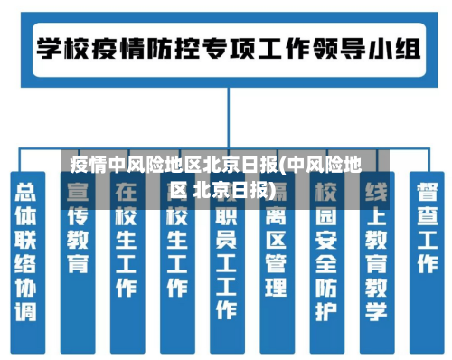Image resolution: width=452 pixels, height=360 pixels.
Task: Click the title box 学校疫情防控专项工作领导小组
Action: [x=227, y=46]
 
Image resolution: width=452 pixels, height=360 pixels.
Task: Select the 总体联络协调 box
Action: [x=27, y=252]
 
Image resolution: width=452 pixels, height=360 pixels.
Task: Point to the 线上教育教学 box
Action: [x=375, y=252]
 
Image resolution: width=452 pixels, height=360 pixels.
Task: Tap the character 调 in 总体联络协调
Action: [x=27, y=313]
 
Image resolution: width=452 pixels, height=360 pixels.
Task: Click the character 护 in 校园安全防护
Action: [x=325, y=312]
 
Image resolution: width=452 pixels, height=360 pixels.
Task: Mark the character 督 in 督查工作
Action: [x=426, y=193]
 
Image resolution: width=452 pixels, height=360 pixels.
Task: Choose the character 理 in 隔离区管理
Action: [x=276, y=288]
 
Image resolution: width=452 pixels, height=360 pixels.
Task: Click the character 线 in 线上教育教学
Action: [x=375, y=192]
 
